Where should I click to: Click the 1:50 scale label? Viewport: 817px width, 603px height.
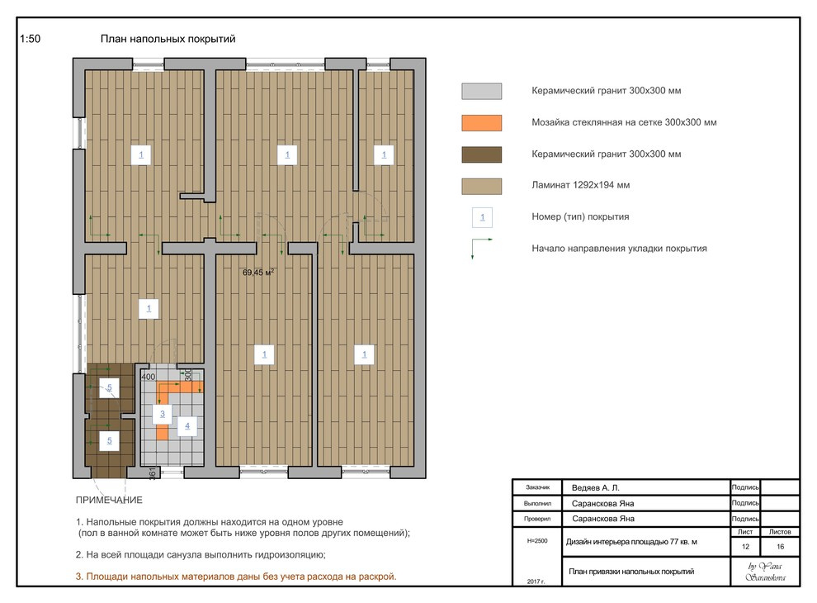point(30,39)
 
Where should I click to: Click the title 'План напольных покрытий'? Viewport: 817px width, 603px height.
point(168,39)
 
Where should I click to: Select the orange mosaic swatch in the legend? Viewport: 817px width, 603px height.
point(481,122)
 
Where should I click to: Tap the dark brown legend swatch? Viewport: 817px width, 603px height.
point(481,154)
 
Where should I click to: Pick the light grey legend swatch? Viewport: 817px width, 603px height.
point(481,91)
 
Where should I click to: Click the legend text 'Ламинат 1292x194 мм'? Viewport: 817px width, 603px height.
point(580,185)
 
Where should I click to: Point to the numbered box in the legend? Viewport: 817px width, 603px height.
point(482,217)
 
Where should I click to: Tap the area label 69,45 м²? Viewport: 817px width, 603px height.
point(258,272)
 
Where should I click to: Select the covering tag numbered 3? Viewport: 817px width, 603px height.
point(162,414)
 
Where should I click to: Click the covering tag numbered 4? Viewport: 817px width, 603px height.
point(187,425)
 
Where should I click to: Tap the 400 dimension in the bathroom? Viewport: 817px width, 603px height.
point(149,377)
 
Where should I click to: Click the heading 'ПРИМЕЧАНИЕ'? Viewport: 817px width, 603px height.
point(109,500)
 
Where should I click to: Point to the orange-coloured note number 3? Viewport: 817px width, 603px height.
point(79,577)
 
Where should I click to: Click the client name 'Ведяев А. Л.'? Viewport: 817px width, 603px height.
point(596,487)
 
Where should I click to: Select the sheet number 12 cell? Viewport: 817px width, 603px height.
point(745,547)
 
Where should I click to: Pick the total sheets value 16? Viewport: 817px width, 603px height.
point(780,547)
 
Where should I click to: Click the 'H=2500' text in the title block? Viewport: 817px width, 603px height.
point(537,541)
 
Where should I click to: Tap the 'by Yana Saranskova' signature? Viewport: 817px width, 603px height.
point(765,571)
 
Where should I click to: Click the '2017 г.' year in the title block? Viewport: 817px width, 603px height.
point(536,581)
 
